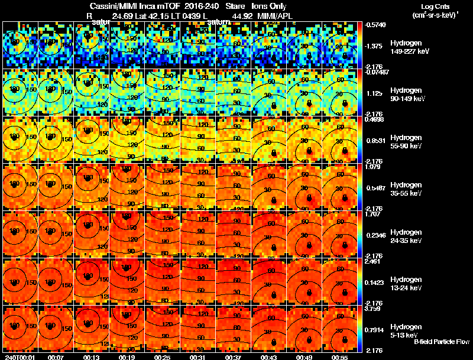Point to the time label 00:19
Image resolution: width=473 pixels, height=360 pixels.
coord(126,357)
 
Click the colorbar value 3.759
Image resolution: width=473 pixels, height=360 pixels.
coord(372,308)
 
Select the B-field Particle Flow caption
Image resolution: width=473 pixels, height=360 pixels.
coord(441,342)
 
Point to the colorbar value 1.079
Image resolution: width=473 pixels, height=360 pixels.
coord(372,167)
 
